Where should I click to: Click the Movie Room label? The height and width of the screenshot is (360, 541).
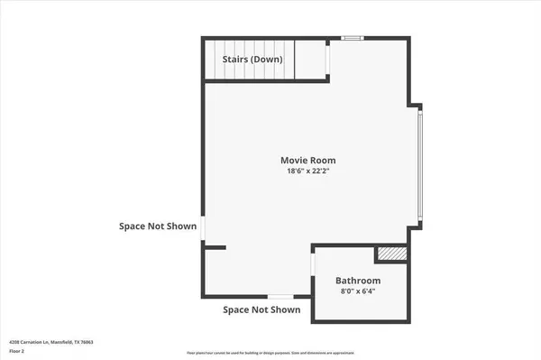tap(311, 160)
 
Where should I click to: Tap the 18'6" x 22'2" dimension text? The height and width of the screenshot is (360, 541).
tap(311, 171)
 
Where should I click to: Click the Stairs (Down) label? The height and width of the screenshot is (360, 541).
tap(253, 60)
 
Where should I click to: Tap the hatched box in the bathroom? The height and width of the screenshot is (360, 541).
tap(390, 255)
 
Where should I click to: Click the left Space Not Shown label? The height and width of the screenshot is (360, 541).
tap(158, 226)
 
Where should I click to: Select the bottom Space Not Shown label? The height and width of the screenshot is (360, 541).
tap(261, 309)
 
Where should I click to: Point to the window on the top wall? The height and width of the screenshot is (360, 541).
tap(353, 38)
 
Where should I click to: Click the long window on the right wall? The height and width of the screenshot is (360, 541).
tap(419, 165)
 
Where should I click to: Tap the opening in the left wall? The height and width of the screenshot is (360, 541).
tap(203, 229)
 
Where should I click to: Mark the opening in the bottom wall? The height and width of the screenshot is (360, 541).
tap(280, 297)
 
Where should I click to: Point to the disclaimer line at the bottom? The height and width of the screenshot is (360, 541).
tap(270, 351)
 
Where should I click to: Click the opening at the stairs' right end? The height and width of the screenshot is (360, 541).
tap(327, 59)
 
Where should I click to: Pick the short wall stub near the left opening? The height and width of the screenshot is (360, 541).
tap(215, 246)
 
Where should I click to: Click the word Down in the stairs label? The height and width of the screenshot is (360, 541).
tap(267, 60)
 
